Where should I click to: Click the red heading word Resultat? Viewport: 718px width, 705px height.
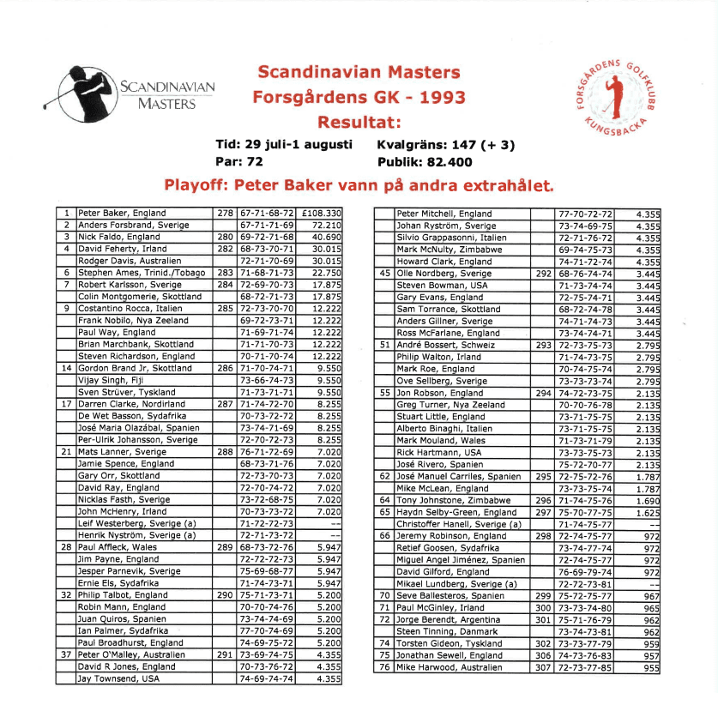pos(359,122)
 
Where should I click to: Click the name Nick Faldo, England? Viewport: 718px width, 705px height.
pos(119,237)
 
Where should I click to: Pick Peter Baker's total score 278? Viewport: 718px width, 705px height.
pos(225,214)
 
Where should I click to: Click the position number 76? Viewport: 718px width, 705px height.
pos(384,666)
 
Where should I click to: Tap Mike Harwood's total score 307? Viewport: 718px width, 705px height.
pos(542,666)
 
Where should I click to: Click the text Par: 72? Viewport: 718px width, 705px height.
pos(239,161)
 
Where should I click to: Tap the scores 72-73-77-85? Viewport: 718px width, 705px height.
pos(585,666)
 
